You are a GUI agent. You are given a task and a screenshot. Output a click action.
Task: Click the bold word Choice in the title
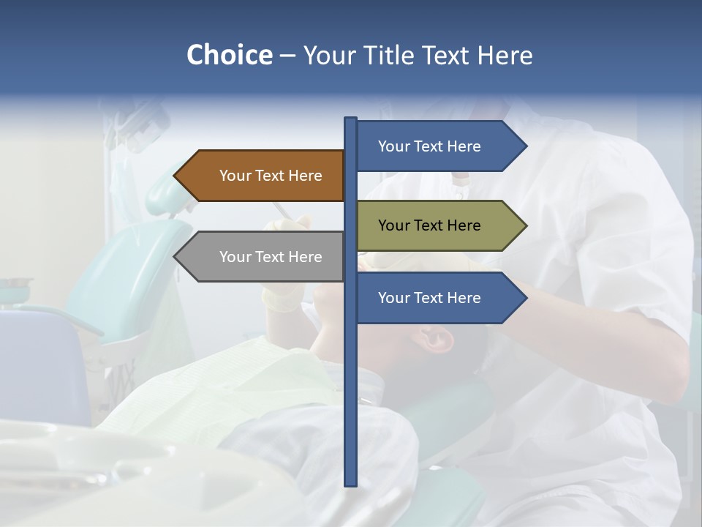click(229, 55)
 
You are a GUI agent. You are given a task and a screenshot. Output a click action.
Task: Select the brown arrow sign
click(260, 176)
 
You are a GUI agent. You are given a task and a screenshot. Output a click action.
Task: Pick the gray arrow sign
click(260, 257)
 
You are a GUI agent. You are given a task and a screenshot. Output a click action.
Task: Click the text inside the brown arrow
click(271, 176)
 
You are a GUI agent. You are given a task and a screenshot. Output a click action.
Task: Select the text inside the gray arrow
click(271, 257)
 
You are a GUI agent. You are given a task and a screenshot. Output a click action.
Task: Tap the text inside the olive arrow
click(429, 225)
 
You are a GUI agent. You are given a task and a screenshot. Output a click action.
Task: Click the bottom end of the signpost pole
click(350, 482)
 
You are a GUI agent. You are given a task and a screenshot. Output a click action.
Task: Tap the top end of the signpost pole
click(350, 120)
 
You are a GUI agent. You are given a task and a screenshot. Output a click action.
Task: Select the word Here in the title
click(505, 55)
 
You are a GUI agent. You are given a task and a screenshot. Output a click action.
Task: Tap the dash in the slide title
click(287, 56)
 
